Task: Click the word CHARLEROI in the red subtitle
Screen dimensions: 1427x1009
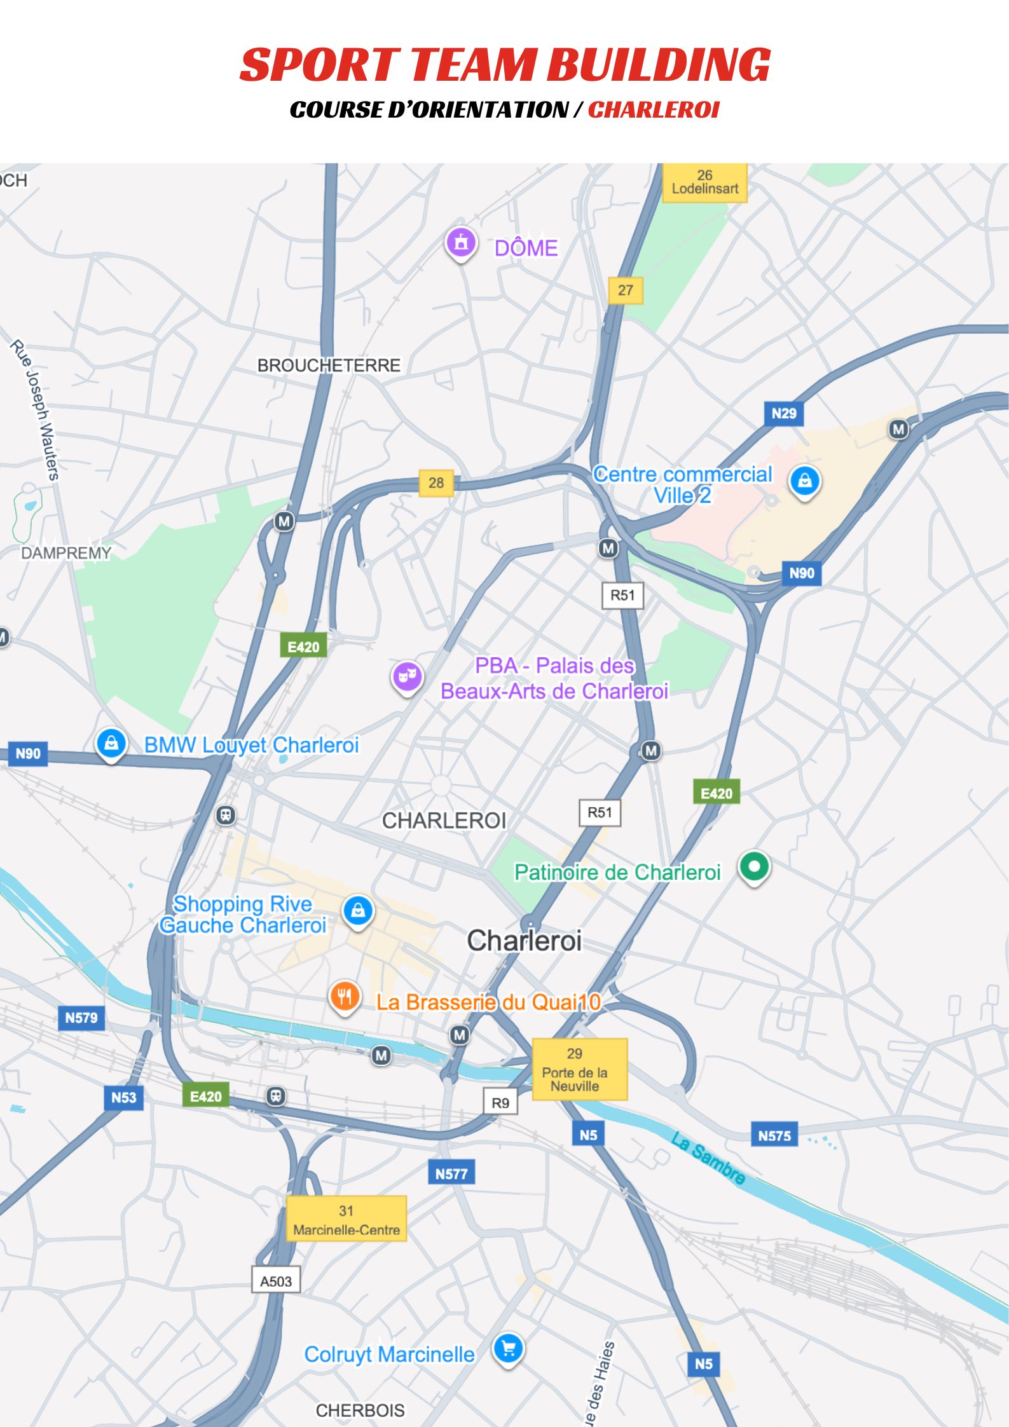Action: coord(653,110)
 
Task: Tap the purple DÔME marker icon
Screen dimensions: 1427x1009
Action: coord(461,242)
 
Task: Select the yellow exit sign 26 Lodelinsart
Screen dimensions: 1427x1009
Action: coord(704,182)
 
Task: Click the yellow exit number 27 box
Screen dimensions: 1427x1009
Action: coord(625,290)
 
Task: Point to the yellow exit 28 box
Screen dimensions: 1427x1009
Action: coord(436,482)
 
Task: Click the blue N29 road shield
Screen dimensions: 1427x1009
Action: coord(783,414)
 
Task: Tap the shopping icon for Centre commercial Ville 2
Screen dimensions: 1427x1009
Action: coord(804,481)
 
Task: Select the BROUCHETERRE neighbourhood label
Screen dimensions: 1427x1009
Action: coord(329,365)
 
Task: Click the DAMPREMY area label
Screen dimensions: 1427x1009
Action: coord(66,553)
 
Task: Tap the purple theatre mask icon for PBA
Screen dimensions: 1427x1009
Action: coord(407,676)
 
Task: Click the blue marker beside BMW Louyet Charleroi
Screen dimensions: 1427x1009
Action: coord(111,742)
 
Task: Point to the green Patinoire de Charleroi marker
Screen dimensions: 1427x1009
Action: coord(754,866)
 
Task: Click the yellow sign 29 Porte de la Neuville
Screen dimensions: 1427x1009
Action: coord(579,1069)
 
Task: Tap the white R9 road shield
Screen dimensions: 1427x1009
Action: coord(500,1103)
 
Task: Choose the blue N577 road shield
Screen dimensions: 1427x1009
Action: coord(451,1173)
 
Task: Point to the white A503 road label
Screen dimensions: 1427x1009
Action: coord(276,1281)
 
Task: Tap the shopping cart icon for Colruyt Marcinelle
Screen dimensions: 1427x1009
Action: coord(508,1348)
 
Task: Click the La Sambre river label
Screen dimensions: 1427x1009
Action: coord(708,1158)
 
